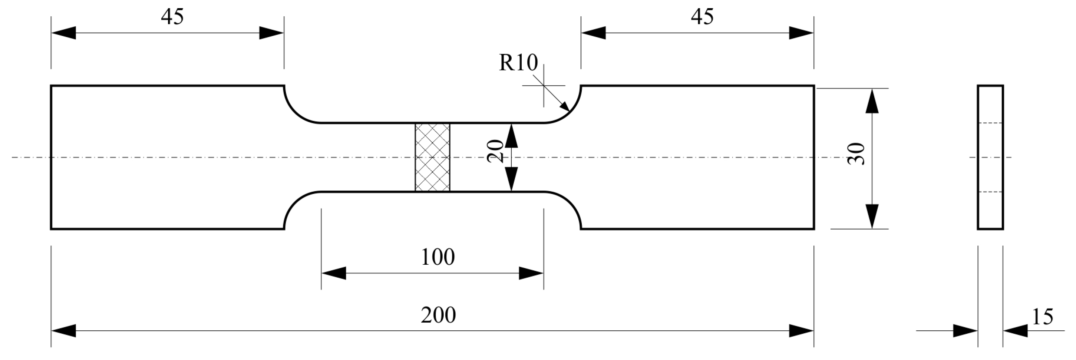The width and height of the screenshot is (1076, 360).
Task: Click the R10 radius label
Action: pyautogui.click(x=518, y=63)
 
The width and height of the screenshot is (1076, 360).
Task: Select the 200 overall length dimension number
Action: pyautogui.click(x=438, y=315)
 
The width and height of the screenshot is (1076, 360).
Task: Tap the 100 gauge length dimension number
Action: pyautogui.click(x=438, y=257)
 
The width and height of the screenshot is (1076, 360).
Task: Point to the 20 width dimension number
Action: pyautogui.click(x=496, y=151)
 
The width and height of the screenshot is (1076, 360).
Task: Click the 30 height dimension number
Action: pyautogui.click(x=856, y=154)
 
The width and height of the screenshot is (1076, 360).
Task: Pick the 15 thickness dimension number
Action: pyautogui.click(x=1043, y=317)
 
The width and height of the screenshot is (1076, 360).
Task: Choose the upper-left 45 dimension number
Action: pyautogui.click(x=172, y=17)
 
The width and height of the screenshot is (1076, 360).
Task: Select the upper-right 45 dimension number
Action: pyautogui.click(x=702, y=17)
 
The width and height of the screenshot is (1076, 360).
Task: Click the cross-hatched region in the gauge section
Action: pyautogui.click(x=432, y=158)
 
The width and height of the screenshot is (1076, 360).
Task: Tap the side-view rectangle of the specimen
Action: pyautogui.click(x=990, y=158)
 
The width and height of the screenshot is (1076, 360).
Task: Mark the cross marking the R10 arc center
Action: pyautogui.click(x=544, y=86)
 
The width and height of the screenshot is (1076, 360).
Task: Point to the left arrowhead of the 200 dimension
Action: pyautogui.click(x=63, y=331)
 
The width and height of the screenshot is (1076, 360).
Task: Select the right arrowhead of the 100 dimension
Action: pyautogui.click(x=531, y=273)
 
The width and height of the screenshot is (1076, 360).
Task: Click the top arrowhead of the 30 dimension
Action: pyautogui.click(x=872, y=101)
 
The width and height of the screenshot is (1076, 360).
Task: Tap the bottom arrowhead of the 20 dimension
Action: pyautogui.click(x=512, y=179)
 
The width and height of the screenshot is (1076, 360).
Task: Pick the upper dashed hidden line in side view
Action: pyautogui.click(x=990, y=123)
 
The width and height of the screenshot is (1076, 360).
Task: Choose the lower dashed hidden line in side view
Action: pyautogui.click(x=990, y=192)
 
